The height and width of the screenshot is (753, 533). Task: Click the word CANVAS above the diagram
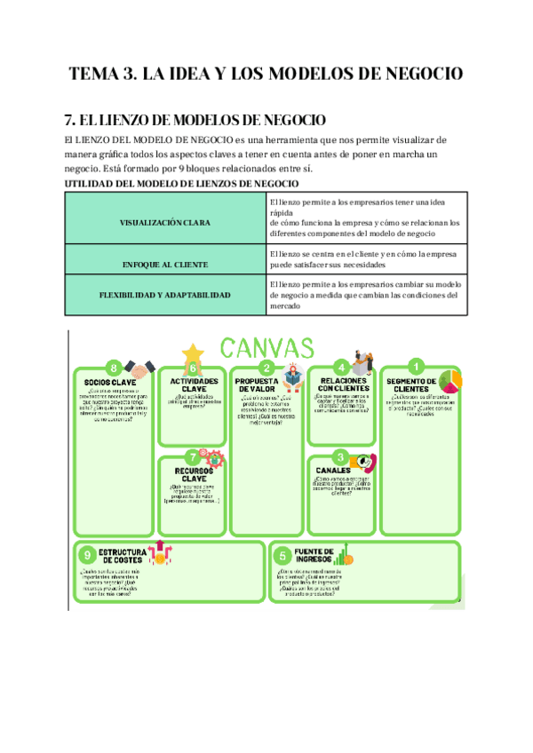[266, 347]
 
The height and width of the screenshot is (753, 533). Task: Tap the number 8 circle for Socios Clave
[113, 368]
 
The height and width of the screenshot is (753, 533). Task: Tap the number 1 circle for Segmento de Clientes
[416, 366]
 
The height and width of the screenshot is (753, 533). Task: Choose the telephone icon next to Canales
[365, 464]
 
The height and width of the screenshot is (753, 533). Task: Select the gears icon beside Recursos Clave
[213, 460]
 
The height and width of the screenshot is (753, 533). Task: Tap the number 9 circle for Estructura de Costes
[87, 555]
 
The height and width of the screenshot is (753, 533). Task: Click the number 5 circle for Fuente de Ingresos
[282, 555]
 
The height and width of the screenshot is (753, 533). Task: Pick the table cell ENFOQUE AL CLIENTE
[166, 265]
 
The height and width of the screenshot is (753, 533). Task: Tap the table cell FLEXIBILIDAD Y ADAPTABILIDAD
[166, 294]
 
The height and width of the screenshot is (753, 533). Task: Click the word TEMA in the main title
[97, 74]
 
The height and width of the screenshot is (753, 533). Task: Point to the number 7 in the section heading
[70, 120]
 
